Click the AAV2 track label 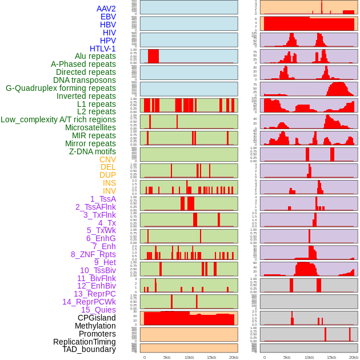(106, 9)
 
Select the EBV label (108, 17)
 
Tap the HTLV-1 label (103, 49)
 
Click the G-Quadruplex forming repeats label (61, 88)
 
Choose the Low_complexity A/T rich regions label (58, 119)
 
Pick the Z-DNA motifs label (92, 151)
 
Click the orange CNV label (107, 159)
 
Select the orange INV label (109, 191)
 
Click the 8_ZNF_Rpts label (93, 254)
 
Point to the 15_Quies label (98, 310)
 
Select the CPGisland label (97, 318)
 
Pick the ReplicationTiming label (84, 342)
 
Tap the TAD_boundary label (89, 349)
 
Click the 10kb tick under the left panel (189, 357)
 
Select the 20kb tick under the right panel (354, 357)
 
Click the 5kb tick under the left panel (167, 357)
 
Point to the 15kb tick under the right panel (331, 357)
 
